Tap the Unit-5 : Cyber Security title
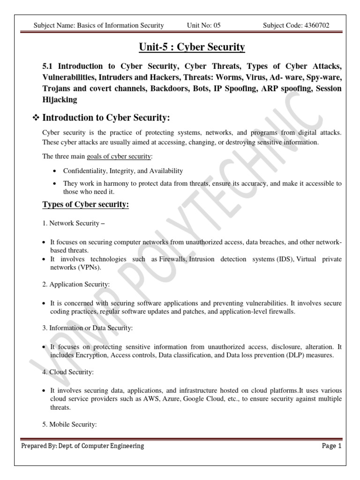tap(192, 47)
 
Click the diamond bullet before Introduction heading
tap(35, 117)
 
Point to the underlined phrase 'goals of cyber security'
tap(120, 156)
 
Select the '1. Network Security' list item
tap(73, 223)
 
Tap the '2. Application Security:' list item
tap(75, 284)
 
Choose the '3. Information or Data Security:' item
tap(88, 328)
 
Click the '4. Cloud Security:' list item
tap(68, 372)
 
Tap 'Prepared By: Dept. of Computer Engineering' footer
tap(82, 446)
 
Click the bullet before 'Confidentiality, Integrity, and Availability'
tap(56, 171)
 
